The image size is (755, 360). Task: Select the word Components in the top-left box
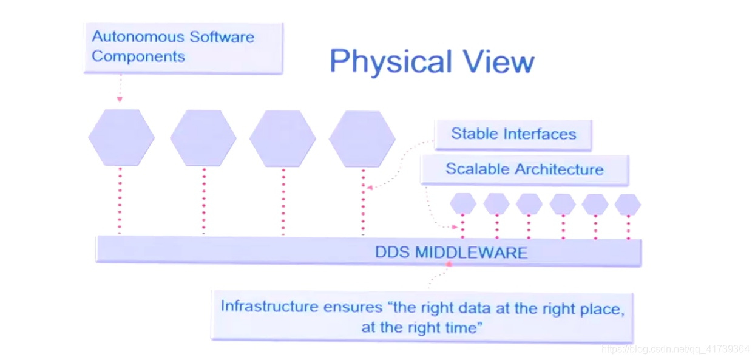[138, 56]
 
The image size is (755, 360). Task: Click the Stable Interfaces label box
[513, 134]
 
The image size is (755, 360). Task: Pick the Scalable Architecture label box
[524, 169]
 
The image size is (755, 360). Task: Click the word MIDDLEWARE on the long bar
[471, 252]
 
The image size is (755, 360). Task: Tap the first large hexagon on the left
[121, 138]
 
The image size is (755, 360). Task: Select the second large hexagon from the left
[203, 138]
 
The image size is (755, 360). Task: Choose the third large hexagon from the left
[283, 138]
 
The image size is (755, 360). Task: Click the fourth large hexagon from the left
[362, 138]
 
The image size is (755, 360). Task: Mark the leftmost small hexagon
[463, 204]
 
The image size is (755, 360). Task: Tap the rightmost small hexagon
[628, 204]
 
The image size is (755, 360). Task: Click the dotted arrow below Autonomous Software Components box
[120, 88]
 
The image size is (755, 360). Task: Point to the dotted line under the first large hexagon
[120, 200]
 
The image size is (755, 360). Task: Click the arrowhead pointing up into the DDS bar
[449, 264]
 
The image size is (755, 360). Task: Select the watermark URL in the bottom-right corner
[675, 349]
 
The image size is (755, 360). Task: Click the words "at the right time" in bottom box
[421, 328]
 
